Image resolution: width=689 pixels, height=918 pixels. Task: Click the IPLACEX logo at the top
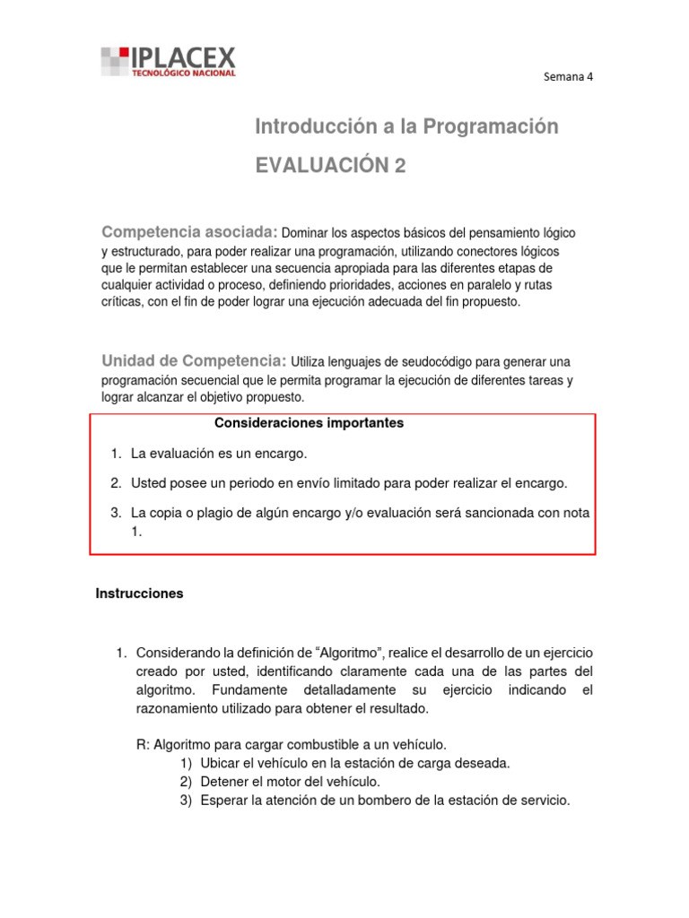click(x=169, y=61)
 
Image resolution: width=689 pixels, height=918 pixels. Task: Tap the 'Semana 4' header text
click(x=569, y=76)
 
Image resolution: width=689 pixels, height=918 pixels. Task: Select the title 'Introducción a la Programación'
click(x=406, y=127)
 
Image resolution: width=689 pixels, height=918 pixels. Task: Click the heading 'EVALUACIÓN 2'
click(x=330, y=166)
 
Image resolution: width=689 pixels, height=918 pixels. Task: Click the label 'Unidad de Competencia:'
click(x=194, y=361)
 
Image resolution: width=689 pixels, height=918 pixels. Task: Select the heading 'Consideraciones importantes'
click(x=309, y=423)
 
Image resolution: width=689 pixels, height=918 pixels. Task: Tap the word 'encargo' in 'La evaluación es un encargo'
click(x=282, y=455)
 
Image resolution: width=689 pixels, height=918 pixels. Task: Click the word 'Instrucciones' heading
click(x=139, y=593)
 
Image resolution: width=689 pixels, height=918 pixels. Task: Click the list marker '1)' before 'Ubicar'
click(x=187, y=763)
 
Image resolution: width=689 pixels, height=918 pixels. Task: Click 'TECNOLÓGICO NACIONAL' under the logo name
click(x=184, y=74)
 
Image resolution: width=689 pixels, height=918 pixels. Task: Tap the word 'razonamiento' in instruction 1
click(x=178, y=709)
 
